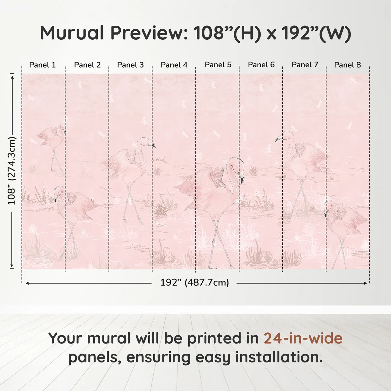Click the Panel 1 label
click(42, 65)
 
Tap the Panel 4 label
click(174, 65)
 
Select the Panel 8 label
click(347, 65)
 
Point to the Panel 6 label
click(261, 65)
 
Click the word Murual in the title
click(72, 33)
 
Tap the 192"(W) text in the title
click(316, 33)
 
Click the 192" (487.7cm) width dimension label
click(194, 283)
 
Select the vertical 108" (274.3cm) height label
click(12, 171)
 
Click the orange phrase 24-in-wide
click(303, 338)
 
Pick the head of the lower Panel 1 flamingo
click(58, 191)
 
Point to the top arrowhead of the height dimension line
click(12, 76)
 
